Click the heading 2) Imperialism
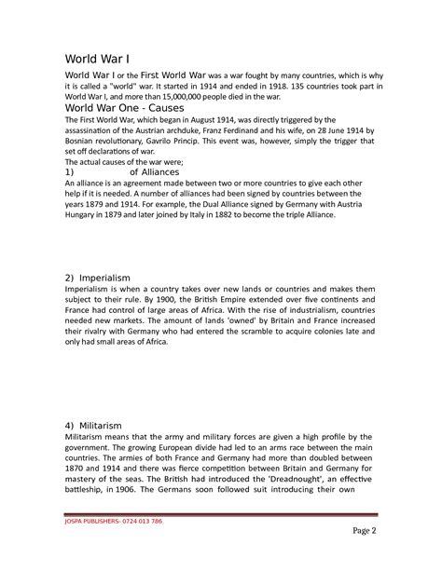[103, 279]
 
